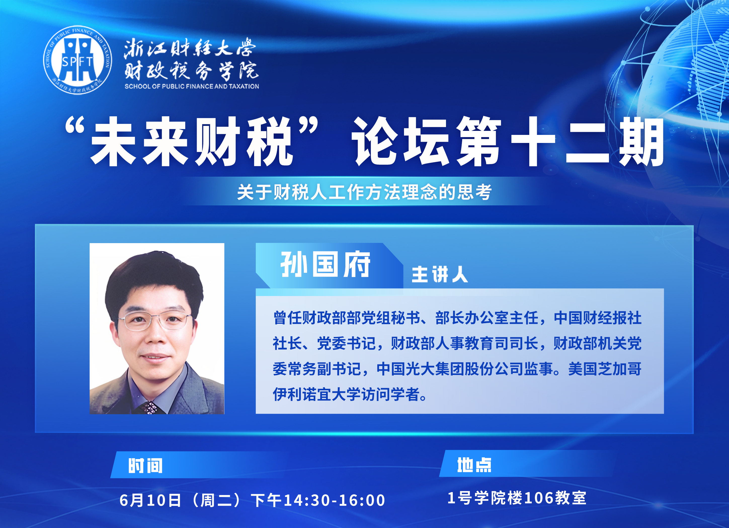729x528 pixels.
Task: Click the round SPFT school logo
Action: click(x=77, y=60)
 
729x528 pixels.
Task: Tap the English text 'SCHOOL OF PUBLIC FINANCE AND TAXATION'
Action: click(x=192, y=86)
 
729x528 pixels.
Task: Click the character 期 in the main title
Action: click(x=641, y=142)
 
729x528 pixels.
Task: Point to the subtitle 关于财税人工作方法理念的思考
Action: click(x=364, y=192)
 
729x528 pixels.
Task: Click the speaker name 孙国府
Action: click(x=325, y=264)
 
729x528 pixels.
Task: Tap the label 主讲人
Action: click(x=439, y=274)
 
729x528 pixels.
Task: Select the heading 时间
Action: click(x=145, y=465)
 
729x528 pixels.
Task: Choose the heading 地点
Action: click(x=474, y=465)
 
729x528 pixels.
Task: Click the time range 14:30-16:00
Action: click(x=334, y=500)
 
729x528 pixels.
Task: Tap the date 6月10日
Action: click(x=150, y=500)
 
